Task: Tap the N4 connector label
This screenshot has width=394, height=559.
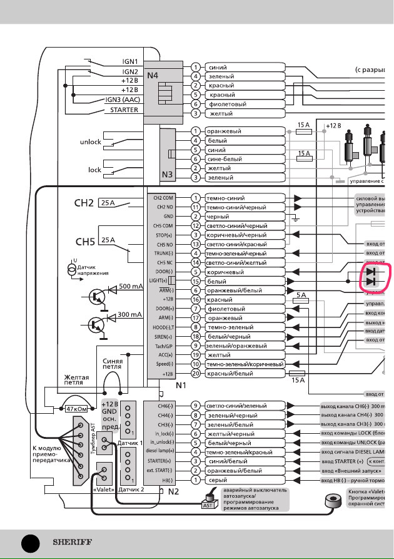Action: (153, 76)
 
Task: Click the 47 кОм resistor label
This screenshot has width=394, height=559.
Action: (79, 409)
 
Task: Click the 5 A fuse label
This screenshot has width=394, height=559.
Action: (301, 295)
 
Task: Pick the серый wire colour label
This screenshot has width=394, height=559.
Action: (218, 480)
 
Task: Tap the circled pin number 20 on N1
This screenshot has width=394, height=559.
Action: (196, 374)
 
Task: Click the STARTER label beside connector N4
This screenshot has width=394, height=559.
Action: (124, 110)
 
